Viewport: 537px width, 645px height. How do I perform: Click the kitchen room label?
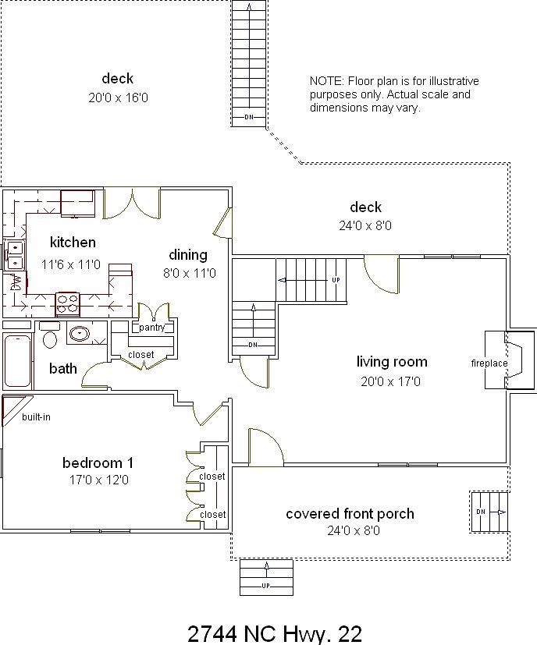[x=73, y=243]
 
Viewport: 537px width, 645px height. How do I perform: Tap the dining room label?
[x=188, y=255]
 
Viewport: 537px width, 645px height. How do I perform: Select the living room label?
[x=392, y=362]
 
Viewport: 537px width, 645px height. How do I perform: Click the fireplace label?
[x=489, y=363]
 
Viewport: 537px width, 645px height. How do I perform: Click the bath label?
[x=63, y=368]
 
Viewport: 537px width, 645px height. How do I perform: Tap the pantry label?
[x=151, y=328]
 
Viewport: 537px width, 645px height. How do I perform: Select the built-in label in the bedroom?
[x=36, y=417]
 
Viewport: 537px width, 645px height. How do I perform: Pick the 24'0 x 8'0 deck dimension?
[x=365, y=226]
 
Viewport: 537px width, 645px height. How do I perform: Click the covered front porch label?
[x=350, y=514]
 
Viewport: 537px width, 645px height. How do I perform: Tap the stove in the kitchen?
[x=68, y=299]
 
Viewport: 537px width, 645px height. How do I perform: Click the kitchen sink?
[x=15, y=256]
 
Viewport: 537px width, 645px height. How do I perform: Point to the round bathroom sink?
[x=79, y=334]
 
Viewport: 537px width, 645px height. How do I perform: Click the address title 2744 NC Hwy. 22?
[x=275, y=633]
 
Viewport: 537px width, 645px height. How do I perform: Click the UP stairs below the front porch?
[x=265, y=577]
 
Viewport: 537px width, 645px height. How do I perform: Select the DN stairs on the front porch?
[x=489, y=512]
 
